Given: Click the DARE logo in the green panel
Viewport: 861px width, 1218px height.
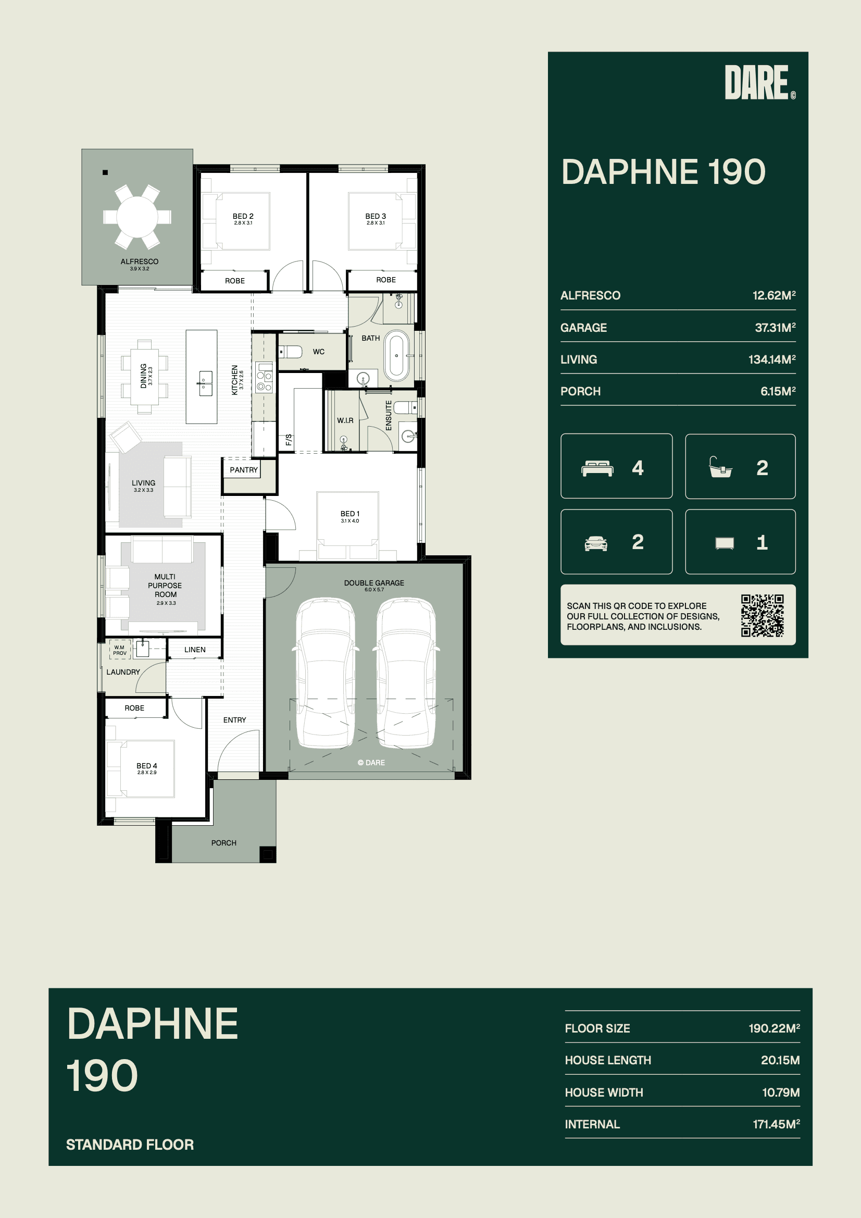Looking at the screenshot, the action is pos(759,82).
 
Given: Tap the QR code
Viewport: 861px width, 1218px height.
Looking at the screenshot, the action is pos(763,615).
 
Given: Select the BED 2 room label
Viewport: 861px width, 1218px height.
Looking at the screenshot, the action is pos(243,216).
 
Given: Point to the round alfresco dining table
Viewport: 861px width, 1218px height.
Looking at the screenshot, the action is pos(137,216).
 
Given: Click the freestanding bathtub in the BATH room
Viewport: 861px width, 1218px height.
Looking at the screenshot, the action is pos(397,355).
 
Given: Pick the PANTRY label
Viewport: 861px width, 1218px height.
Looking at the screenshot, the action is pos(243,470).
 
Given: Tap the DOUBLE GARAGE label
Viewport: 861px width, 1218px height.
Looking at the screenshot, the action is pos(374,583).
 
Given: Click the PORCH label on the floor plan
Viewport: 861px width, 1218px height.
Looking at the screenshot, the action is pos(224,843).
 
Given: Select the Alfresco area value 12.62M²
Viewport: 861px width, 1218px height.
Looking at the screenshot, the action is pos(774,295).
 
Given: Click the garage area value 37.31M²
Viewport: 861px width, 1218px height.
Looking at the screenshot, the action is pos(775,328).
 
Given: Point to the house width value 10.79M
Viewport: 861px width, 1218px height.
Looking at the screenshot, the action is pos(781,1092).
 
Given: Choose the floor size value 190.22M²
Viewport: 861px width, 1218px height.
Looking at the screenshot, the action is pos(774,1028).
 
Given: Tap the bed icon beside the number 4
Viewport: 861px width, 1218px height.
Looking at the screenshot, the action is pos(598,468).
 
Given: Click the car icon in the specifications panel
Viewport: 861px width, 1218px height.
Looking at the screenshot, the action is pos(596,543).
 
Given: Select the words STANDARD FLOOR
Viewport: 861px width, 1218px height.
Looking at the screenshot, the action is pos(130,1145).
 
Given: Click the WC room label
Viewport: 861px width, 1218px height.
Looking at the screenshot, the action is pos(319,352).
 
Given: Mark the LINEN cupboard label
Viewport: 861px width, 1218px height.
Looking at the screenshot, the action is pos(195,650).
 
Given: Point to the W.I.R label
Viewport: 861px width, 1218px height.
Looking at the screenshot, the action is pos(345,421).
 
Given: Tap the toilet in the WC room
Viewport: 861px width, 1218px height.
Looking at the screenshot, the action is pos(291,351).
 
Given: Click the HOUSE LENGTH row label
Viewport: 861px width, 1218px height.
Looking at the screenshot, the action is pos(608,1060).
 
